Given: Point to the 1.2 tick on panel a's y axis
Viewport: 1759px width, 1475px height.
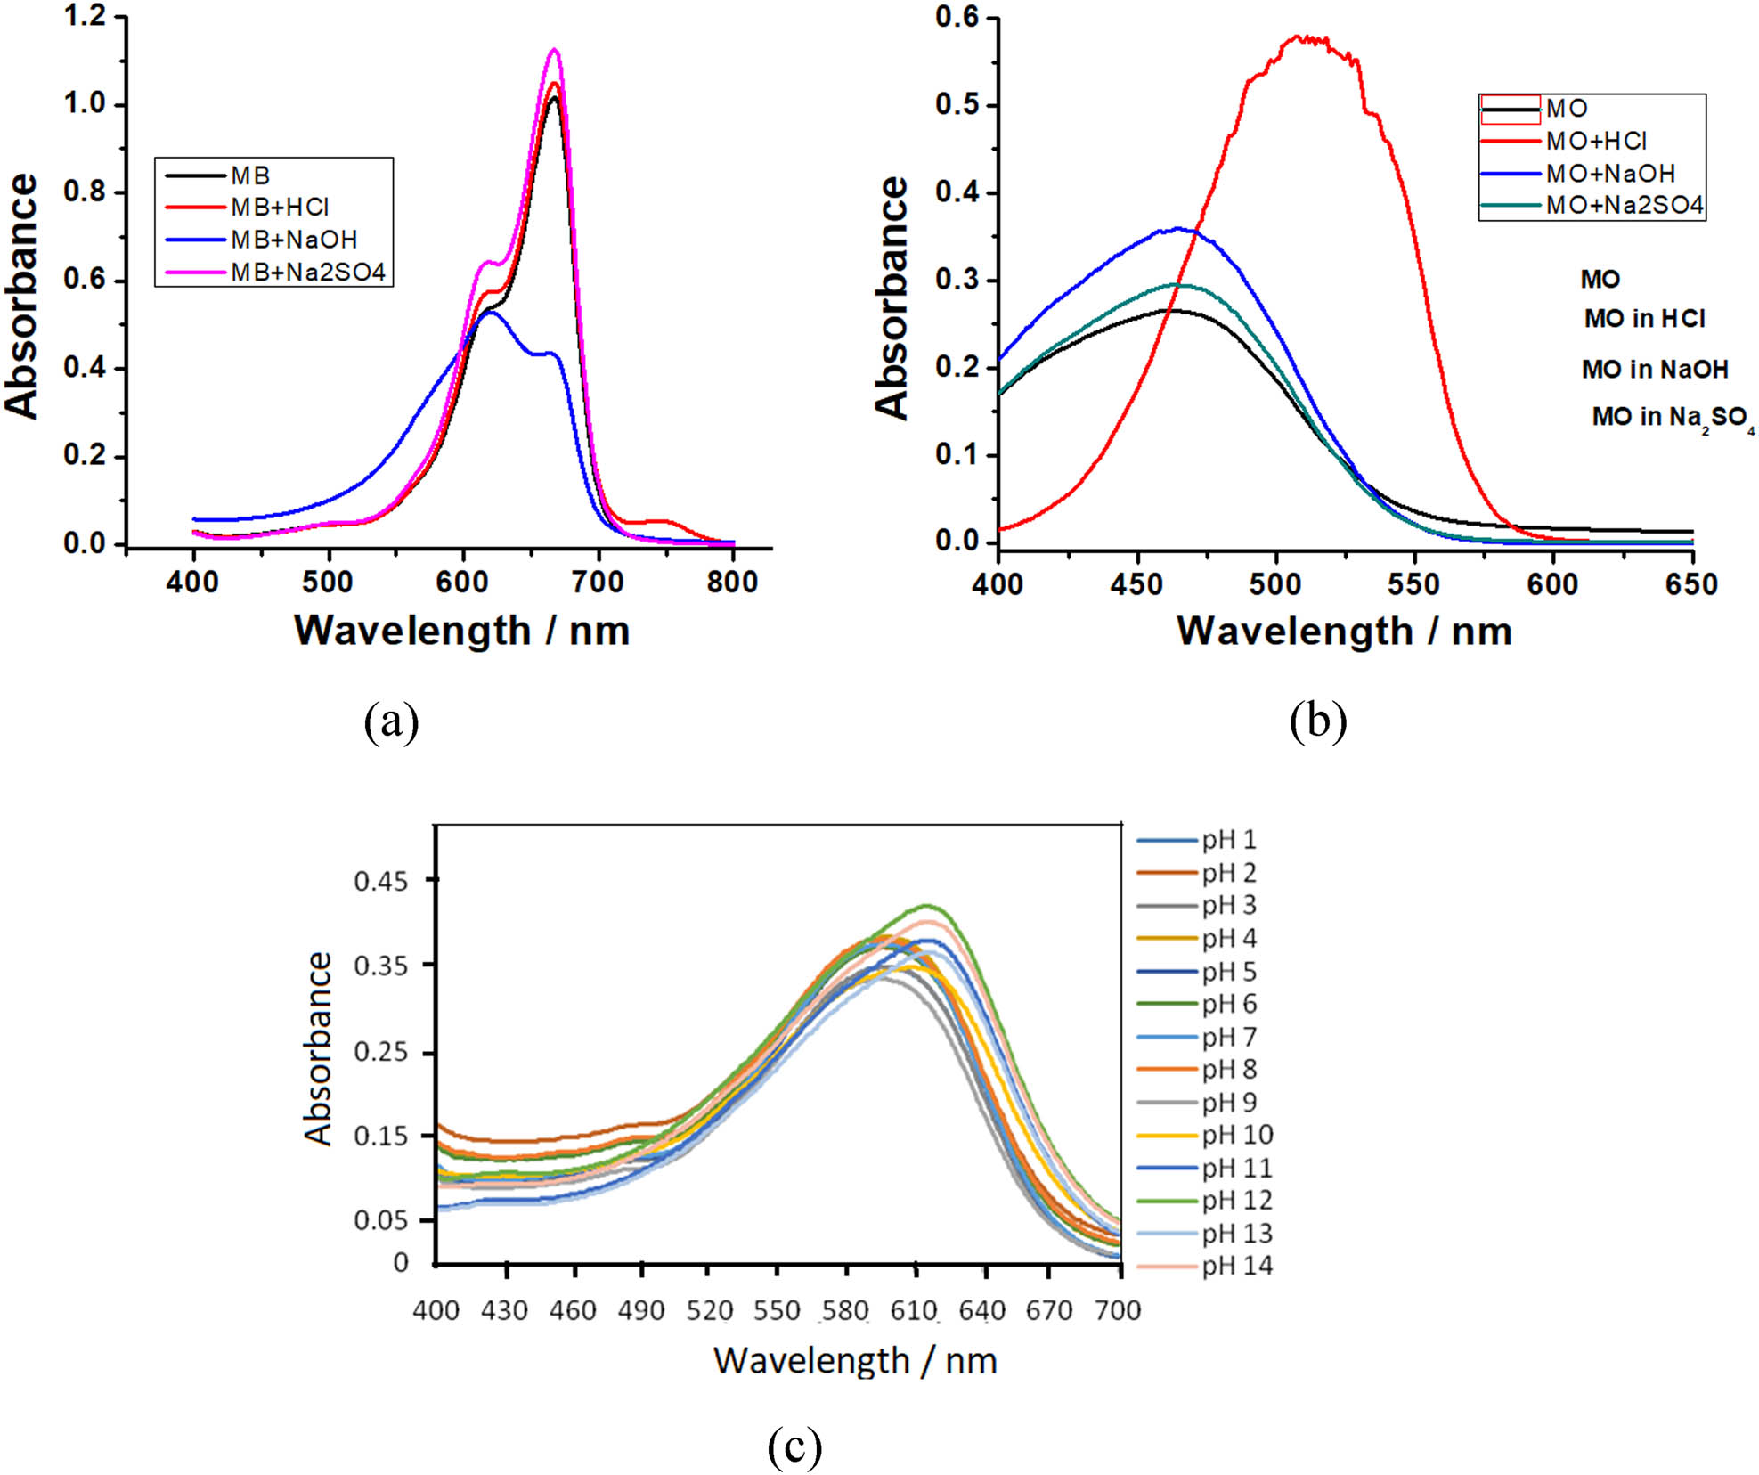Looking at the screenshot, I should [85, 16].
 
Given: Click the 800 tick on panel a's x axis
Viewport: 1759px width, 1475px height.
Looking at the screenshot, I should [732, 583].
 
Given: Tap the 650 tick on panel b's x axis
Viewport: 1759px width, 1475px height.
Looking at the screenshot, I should [1690, 584].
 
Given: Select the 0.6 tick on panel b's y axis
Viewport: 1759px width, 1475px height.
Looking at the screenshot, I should [957, 17].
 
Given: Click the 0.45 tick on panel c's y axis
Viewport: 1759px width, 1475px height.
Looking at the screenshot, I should [380, 881].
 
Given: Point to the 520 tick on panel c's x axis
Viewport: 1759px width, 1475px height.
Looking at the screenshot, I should [709, 1310].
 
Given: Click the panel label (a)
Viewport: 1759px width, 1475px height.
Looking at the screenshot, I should [391, 721].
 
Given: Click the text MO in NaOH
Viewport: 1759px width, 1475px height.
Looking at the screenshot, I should [1654, 369].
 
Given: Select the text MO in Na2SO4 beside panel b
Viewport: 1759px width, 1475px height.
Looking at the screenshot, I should [1672, 417].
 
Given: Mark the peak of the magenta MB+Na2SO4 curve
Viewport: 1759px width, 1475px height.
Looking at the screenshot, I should [555, 50].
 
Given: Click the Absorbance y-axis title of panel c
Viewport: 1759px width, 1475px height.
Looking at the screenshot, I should [318, 1047].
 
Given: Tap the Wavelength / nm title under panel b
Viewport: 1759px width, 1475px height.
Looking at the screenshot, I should [1344, 631].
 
